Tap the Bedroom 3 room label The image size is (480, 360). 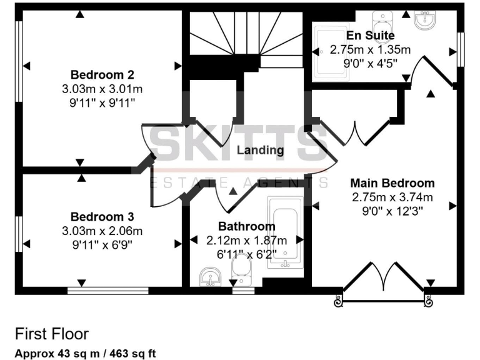(102, 217)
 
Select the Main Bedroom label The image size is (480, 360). (392, 183)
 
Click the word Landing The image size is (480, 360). (260, 150)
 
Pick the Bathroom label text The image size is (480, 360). (246, 226)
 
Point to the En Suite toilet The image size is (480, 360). (381, 19)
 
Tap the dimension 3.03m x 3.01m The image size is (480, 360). (102, 88)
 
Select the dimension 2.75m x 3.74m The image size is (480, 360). (392, 197)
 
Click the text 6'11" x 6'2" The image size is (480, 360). (246, 253)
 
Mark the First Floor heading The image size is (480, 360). (52, 334)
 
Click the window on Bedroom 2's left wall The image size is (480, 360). (19, 66)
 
